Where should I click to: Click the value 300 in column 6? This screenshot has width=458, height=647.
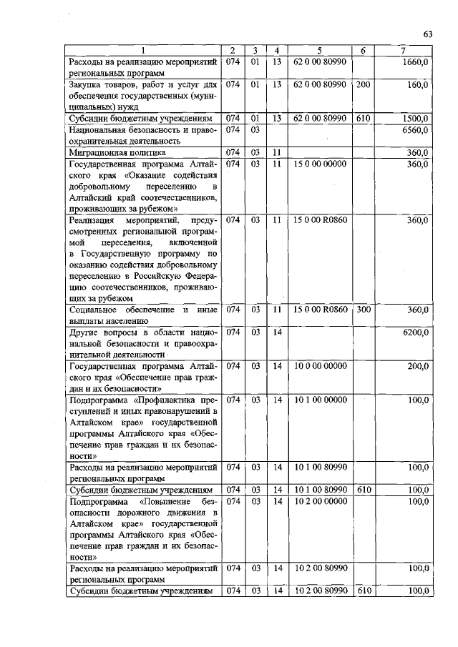[x=364, y=310]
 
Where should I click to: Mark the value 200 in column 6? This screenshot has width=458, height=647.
[x=364, y=85]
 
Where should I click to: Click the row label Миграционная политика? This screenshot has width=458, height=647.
[x=117, y=153]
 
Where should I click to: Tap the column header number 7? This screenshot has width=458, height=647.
[x=404, y=50]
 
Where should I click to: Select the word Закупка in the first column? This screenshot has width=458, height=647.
[x=85, y=85]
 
